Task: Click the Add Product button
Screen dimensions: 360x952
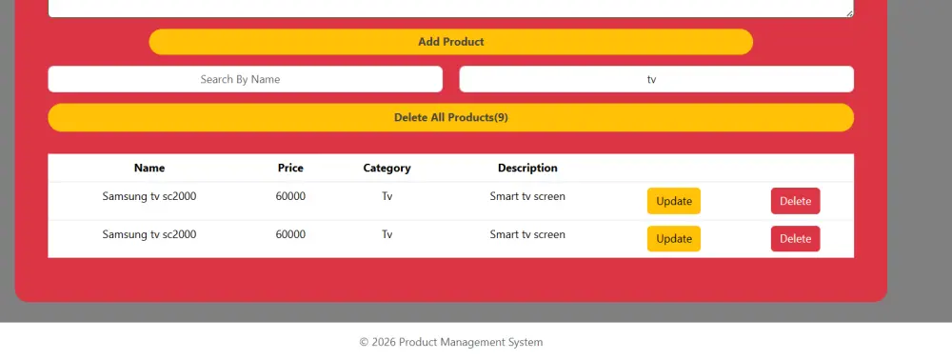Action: tap(450, 42)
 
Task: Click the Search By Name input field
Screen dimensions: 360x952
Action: tap(245, 79)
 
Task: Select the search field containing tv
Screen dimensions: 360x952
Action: tap(656, 79)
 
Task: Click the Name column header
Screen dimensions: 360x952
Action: tap(149, 168)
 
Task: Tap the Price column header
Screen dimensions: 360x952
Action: tap(290, 168)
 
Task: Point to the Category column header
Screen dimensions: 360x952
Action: tap(387, 168)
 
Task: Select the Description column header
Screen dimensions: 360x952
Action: tap(527, 168)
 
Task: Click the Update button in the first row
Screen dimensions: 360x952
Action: tap(674, 201)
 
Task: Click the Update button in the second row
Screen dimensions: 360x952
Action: tap(674, 239)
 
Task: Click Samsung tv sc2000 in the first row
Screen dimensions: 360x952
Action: tap(149, 196)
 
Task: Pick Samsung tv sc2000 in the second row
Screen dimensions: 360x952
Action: tap(149, 234)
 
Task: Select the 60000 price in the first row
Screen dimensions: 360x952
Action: tap(290, 196)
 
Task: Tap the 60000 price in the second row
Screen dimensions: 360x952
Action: tap(290, 234)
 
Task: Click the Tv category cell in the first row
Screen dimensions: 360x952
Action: tap(387, 196)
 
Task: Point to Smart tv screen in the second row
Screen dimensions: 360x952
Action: tap(527, 234)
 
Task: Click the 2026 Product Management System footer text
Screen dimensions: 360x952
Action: tap(451, 342)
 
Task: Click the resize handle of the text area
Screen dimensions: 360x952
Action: tap(849, 12)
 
